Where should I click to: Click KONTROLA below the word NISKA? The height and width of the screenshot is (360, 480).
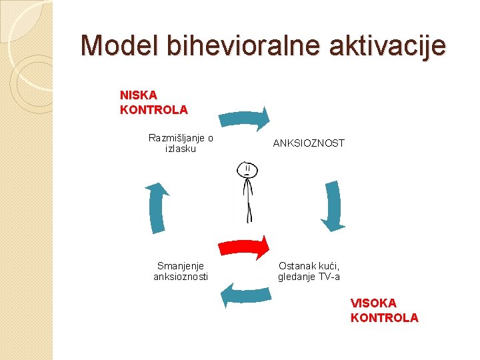point(153,109)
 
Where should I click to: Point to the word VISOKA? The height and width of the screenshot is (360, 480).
point(373,303)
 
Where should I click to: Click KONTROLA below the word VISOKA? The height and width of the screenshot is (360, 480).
point(385,317)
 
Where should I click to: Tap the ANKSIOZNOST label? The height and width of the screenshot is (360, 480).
point(309,143)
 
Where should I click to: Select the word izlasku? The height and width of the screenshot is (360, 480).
point(181,149)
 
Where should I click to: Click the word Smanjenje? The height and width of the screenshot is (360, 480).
point(180,265)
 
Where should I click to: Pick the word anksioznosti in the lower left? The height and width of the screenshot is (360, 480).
point(181,276)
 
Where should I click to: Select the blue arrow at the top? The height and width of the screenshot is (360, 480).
point(245,117)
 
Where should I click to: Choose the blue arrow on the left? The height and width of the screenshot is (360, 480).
point(158,207)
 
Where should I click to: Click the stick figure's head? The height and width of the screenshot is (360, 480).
point(247,170)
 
